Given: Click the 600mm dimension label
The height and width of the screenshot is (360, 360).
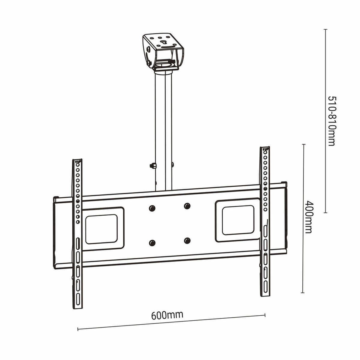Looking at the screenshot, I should click(x=167, y=315).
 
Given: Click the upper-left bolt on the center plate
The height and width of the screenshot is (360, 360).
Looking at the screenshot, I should click(x=152, y=208).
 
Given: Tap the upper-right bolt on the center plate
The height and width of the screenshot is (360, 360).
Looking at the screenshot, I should click(x=187, y=206).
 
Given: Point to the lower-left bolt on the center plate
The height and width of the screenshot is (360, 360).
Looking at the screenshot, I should click(x=152, y=243).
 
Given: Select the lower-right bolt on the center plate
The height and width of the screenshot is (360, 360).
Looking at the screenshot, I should click(x=187, y=241).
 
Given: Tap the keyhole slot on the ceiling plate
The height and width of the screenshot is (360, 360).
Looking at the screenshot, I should click(x=164, y=43).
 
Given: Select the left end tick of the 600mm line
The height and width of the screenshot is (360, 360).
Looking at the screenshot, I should click(x=78, y=329).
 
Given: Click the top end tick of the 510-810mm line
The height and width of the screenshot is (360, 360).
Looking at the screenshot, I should click(x=325, y=29).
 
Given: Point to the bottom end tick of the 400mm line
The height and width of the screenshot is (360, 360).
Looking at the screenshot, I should click(x=303, y=293).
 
